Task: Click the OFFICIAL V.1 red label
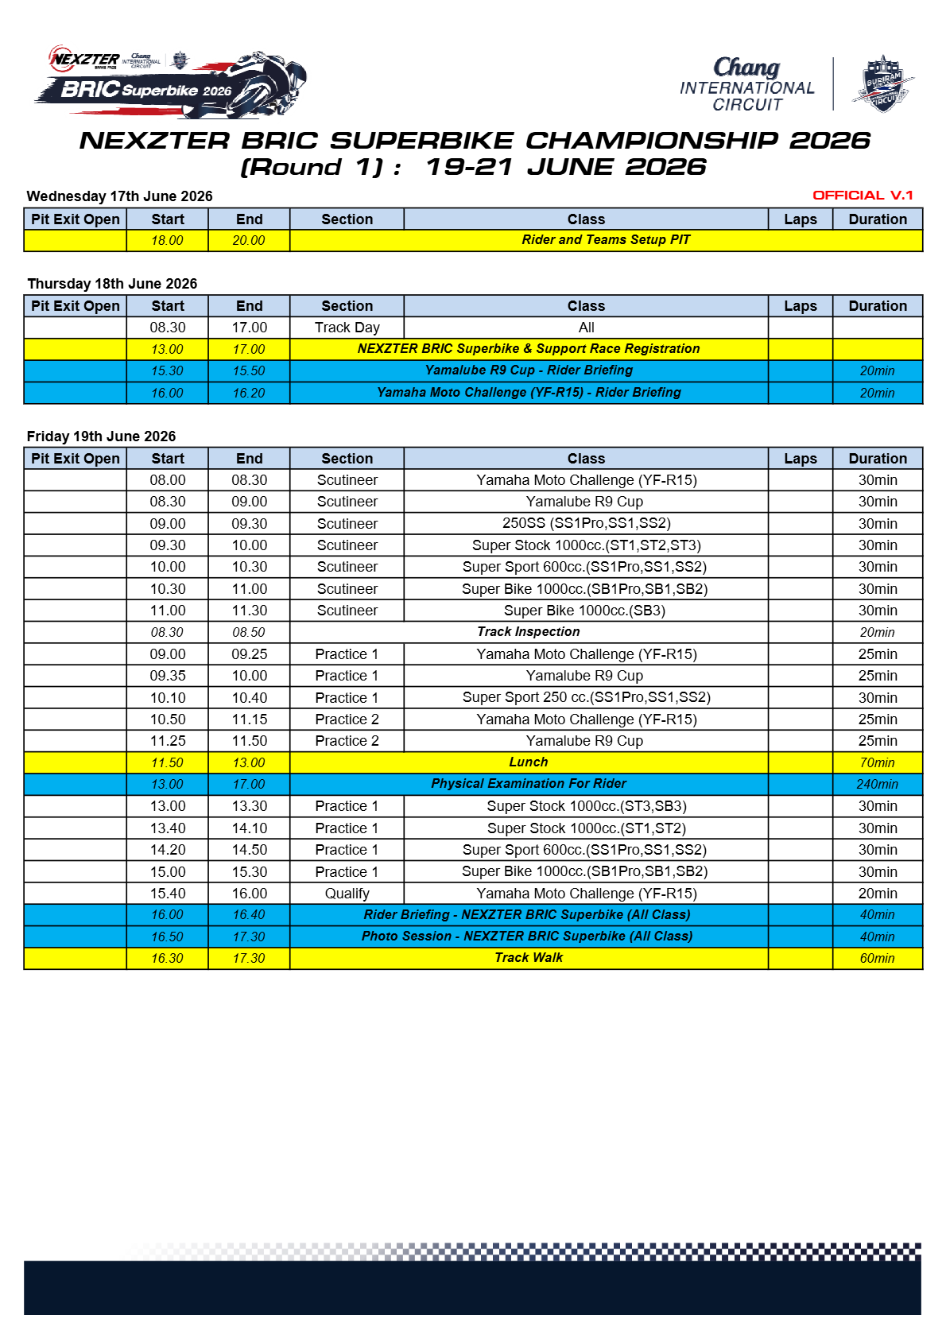coord(863,196)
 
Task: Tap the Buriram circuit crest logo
coord(882,83)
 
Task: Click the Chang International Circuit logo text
coord(746,84)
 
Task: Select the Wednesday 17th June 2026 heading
coord(119,196)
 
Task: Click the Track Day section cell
coord(347,328)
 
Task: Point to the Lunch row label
coord(529,762)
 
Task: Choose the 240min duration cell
coord(877,785)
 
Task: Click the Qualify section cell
coord(347,894)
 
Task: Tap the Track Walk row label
coord(529,958)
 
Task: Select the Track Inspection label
coord(529,632)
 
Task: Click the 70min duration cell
coord(877,763)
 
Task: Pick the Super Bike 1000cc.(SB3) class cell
coord(585,611)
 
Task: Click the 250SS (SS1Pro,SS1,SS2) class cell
coord(586,523)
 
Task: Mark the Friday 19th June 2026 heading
coord(101,436)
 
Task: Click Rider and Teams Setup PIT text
coord(606,240)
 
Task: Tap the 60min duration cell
coord(877,959)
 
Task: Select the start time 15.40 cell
coord(168,894)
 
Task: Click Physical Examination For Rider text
coord(529,784)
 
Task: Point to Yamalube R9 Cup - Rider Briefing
coord(529,370)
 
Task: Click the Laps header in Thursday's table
coord(800,306)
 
